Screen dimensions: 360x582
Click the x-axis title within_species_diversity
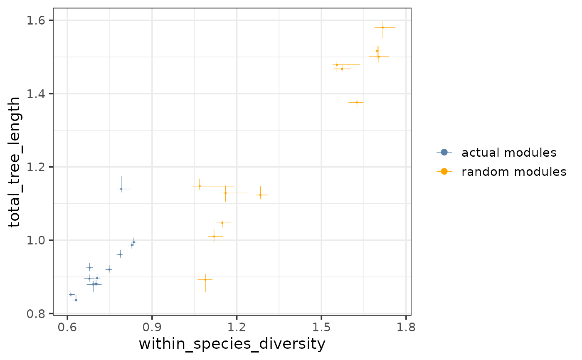232,344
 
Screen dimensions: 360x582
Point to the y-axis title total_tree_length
15,162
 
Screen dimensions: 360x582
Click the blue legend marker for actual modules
444,152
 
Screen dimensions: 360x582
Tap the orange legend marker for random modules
444,171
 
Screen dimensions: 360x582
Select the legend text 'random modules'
514,171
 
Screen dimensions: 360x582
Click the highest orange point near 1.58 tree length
383,27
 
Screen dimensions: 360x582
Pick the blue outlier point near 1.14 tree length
121,189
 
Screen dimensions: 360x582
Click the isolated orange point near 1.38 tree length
357,102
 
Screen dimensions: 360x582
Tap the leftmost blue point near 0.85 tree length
71,294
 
